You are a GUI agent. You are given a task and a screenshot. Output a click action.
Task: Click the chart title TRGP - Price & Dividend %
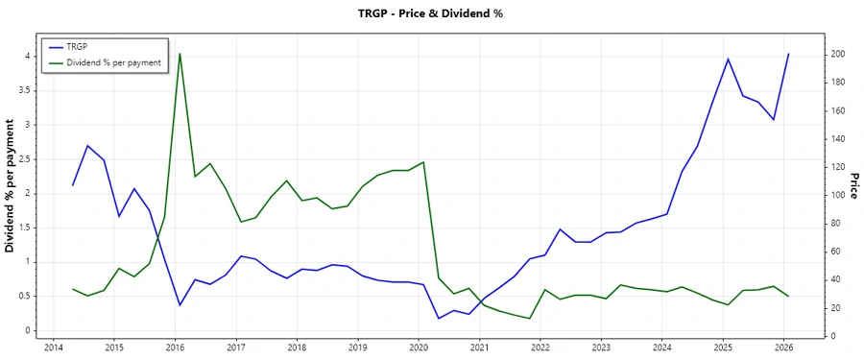pyautogui.click(x=431, y=13)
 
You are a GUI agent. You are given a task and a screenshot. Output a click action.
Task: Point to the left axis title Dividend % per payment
pyautogui.click(x=12, y=186)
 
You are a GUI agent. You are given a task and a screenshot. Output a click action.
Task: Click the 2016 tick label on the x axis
pyautogui.click(x=175, y=347)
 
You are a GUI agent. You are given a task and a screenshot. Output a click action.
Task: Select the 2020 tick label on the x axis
pyautogui.click(x=419, y=347)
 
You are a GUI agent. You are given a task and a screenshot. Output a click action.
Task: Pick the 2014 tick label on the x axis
pyautogui.click(x=53, y=347)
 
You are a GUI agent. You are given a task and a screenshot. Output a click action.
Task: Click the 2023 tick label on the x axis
pyautogui.click(x=601, y=347)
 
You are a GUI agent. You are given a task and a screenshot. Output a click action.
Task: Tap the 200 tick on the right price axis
pyautogui.click(x=839, y=54)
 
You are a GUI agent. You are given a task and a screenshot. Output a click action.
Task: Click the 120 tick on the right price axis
pyautogui.click(x=839, y=167)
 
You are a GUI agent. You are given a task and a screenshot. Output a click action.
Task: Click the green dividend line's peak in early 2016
pyautogui.click(x=180, y=54)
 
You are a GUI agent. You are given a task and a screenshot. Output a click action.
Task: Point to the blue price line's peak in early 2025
pyautogui.click(x=728, y=60)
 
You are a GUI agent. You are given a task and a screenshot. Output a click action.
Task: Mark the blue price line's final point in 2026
pyautogui.click(x=788, y=54)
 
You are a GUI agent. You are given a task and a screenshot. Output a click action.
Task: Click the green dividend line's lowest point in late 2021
pyautogui.click(x=530, y=318)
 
